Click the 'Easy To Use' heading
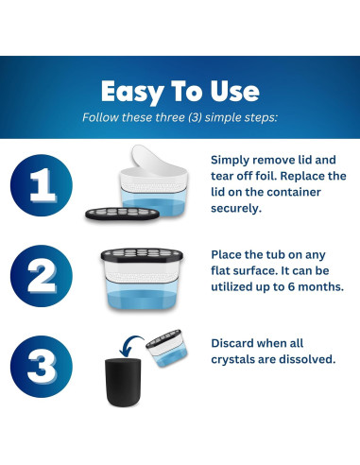coord(180,92)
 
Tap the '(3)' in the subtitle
coord(195,117)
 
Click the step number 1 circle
coord(42,185)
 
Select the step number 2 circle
coord(42,276)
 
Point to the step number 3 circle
coord(42,367)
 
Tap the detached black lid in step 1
coord(123,214)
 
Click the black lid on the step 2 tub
coord(142,255)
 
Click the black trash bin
coord(123,382)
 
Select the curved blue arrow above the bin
coord(129,344)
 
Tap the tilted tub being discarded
coord(166,348)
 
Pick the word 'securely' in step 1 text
coord(236,209)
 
